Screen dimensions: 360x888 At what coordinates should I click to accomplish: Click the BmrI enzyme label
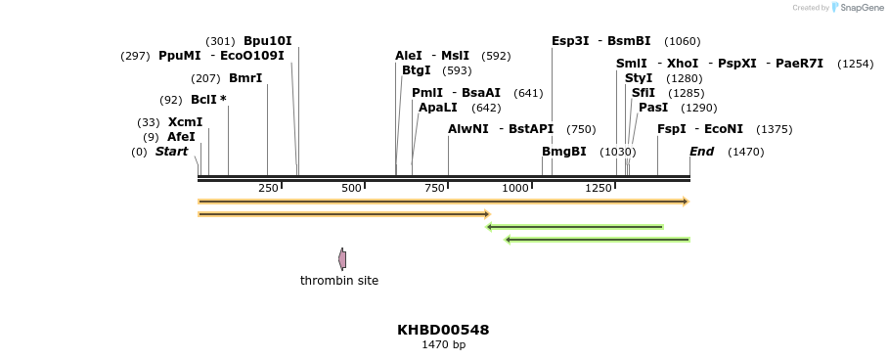point(245,78)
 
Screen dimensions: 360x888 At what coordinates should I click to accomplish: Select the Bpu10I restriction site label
point(267,41)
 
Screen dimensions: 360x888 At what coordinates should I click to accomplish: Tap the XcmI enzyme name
point(185,122)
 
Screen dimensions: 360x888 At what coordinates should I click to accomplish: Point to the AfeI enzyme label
point(181,137)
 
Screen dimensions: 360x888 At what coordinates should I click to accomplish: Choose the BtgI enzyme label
point(416,70)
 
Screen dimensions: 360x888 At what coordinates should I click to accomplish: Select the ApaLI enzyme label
point(437,108)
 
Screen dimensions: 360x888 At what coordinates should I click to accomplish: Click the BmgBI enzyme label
point(564,152)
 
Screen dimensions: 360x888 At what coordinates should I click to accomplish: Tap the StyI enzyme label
point(638,78)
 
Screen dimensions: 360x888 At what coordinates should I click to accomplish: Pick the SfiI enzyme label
point(643,93)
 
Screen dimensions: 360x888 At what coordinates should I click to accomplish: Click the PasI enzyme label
point(653,108)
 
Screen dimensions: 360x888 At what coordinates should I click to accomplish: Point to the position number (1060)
point(682,41)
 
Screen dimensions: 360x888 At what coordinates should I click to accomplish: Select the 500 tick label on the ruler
point(351,188)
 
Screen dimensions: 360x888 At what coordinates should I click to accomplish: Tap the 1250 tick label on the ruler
point(599,188)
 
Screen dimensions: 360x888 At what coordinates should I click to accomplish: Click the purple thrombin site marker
point(342,259)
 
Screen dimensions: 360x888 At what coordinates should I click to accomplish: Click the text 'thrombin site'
point(339,281)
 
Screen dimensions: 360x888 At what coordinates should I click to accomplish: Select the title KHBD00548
point(443,330)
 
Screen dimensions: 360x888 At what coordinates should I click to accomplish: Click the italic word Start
point(171,152)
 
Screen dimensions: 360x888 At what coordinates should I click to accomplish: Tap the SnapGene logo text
point(863,8)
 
